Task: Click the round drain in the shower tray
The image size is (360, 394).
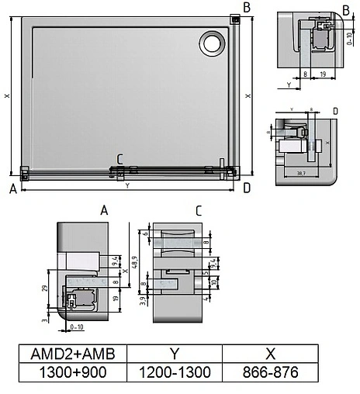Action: (210, 43)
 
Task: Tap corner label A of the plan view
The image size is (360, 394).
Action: (13, 188)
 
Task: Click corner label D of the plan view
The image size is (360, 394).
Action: (246, 188)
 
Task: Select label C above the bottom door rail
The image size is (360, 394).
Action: (119, 160)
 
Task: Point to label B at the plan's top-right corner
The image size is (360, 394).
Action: (246, 8)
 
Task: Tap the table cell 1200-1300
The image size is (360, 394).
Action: (174, 372)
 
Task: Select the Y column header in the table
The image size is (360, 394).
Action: (174, 353)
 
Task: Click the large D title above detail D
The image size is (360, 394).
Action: (334, 111)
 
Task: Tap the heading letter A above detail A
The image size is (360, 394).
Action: (103, 210)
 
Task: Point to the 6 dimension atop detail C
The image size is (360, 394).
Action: (146, 233)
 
